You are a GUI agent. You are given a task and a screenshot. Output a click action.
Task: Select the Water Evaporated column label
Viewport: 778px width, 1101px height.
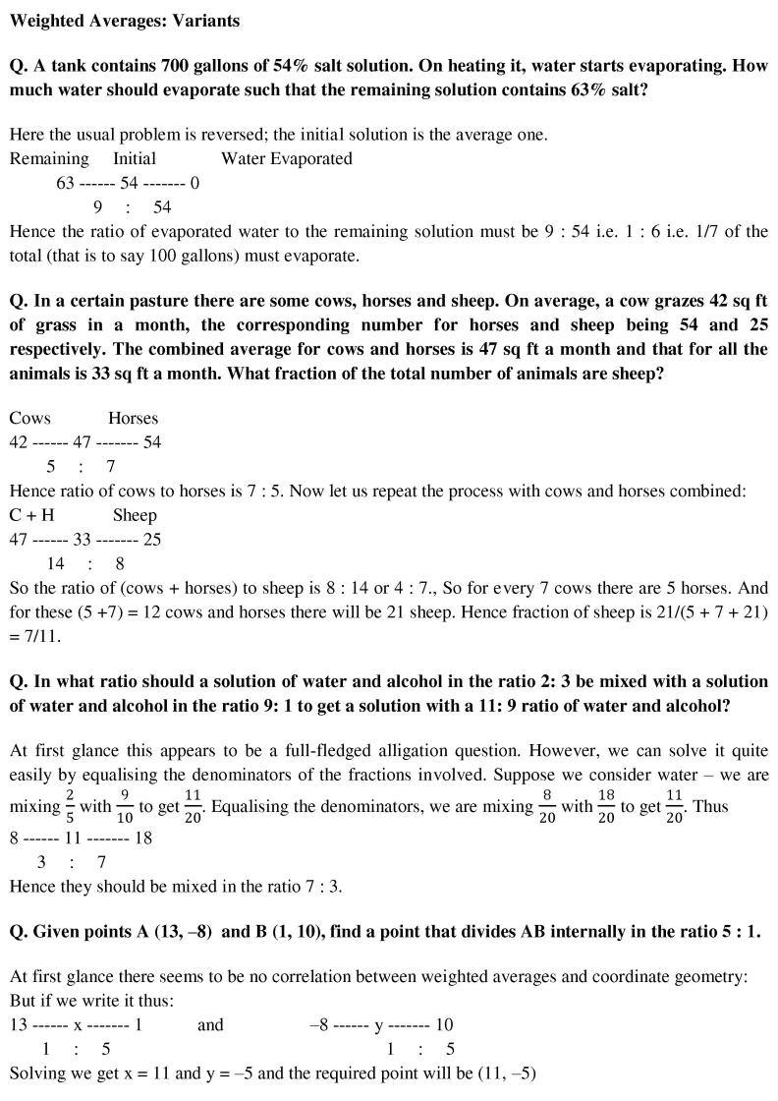286,158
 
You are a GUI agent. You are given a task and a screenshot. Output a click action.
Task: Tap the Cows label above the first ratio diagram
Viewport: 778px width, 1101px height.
29,418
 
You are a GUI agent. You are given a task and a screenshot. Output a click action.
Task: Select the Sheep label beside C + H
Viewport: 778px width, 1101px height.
135,515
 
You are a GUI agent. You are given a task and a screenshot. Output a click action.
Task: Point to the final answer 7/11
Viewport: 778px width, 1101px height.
43,636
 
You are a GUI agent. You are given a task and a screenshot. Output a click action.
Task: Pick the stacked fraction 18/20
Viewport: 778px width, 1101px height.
607,807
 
